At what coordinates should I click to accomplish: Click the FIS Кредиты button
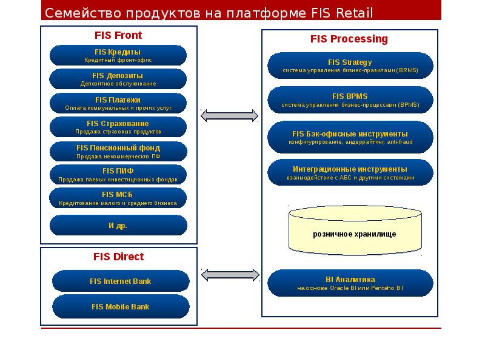pyautogui.click(x=118, y=55)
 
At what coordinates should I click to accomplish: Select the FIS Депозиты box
pyautogui.click(x=118, y=79)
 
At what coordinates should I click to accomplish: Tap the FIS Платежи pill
pyautogui.click(x=118, y=103)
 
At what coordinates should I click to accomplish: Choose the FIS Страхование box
pyautogui.click(x=118, y=127)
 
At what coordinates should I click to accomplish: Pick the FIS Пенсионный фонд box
pyautogui.click(x=118, y=151)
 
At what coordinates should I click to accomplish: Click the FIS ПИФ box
pyautogui.click(x=118, y=175)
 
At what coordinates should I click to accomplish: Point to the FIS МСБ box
pyautogui.click(x=118, y=198)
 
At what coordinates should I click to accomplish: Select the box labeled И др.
pyautogui.click(x=118, y=225)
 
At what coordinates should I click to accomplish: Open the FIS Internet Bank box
pyautogui.click(x=121, y=281)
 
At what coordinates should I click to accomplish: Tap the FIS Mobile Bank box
pyautogui.click(x=121, y=306)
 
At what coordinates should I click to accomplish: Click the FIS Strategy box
pyautogui.click(x=350, y=66)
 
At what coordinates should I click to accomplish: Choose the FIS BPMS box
pyautogui.click(x=350, y=100)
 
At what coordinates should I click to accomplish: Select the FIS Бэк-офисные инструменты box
pyautogui.click(x=350, y=137)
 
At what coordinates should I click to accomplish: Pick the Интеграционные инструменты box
pyautogui.click(x=350, y=173)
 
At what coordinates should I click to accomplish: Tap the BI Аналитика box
pyautogui.click(x=350, y=283)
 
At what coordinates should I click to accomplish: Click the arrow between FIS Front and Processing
pyautogui.click(x=229, y=115)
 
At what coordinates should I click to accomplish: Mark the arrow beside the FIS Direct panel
pyautogui.click(x=229, y=275)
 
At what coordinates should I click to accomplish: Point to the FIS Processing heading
pyautogui.click(x=349, y=39)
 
